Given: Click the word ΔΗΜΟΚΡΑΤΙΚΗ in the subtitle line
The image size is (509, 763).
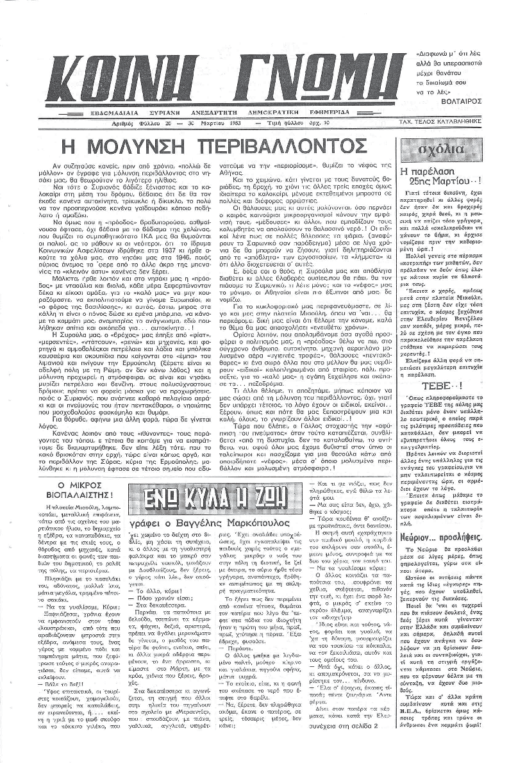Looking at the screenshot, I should pyautogui.click(x=296, y=111).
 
